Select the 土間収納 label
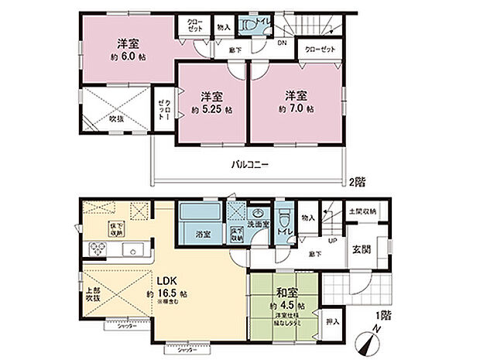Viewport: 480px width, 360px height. pyautogui.click(x=362, y=211)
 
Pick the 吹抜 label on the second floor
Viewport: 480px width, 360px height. pyautogui.click(x=116, y=118)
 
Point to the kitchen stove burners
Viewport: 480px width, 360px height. pyautogui.click(x=100, y=249)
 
